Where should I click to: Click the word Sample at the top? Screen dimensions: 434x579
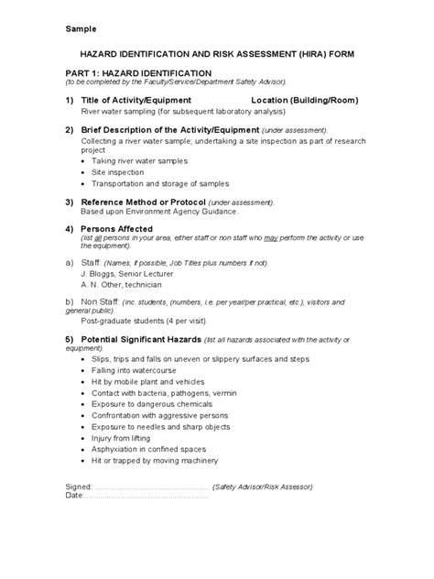click(x=81, y=28)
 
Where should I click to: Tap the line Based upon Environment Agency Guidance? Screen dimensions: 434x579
click(x=159, y=212)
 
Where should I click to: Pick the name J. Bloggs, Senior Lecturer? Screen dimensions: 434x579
click(x=127, y=274)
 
